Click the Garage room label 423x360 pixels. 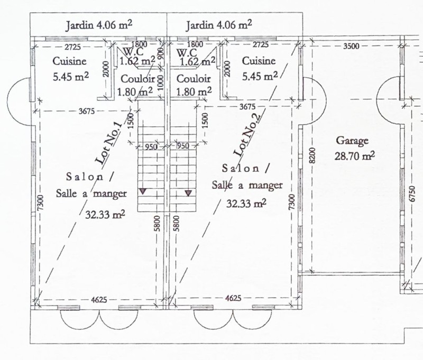point(352,141)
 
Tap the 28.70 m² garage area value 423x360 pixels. point(354,156)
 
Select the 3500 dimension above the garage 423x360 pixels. point(351,46)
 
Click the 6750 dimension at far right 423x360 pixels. point(412,193)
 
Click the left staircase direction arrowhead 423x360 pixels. point(143,191)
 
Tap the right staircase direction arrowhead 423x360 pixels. point(188,193)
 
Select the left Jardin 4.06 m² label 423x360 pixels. point(99,25)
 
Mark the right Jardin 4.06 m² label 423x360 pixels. point(219,25)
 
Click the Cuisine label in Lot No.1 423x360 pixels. point(69,61)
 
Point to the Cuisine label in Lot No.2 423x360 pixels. point(259,61)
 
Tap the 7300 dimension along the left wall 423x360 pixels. point(40,203)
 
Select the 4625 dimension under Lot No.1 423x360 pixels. point(99,300)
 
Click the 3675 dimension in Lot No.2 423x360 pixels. point(247,107)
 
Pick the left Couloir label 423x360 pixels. point(137,79)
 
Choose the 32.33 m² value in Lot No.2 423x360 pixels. point(246,203)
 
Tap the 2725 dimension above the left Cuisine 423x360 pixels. point(72,47)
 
